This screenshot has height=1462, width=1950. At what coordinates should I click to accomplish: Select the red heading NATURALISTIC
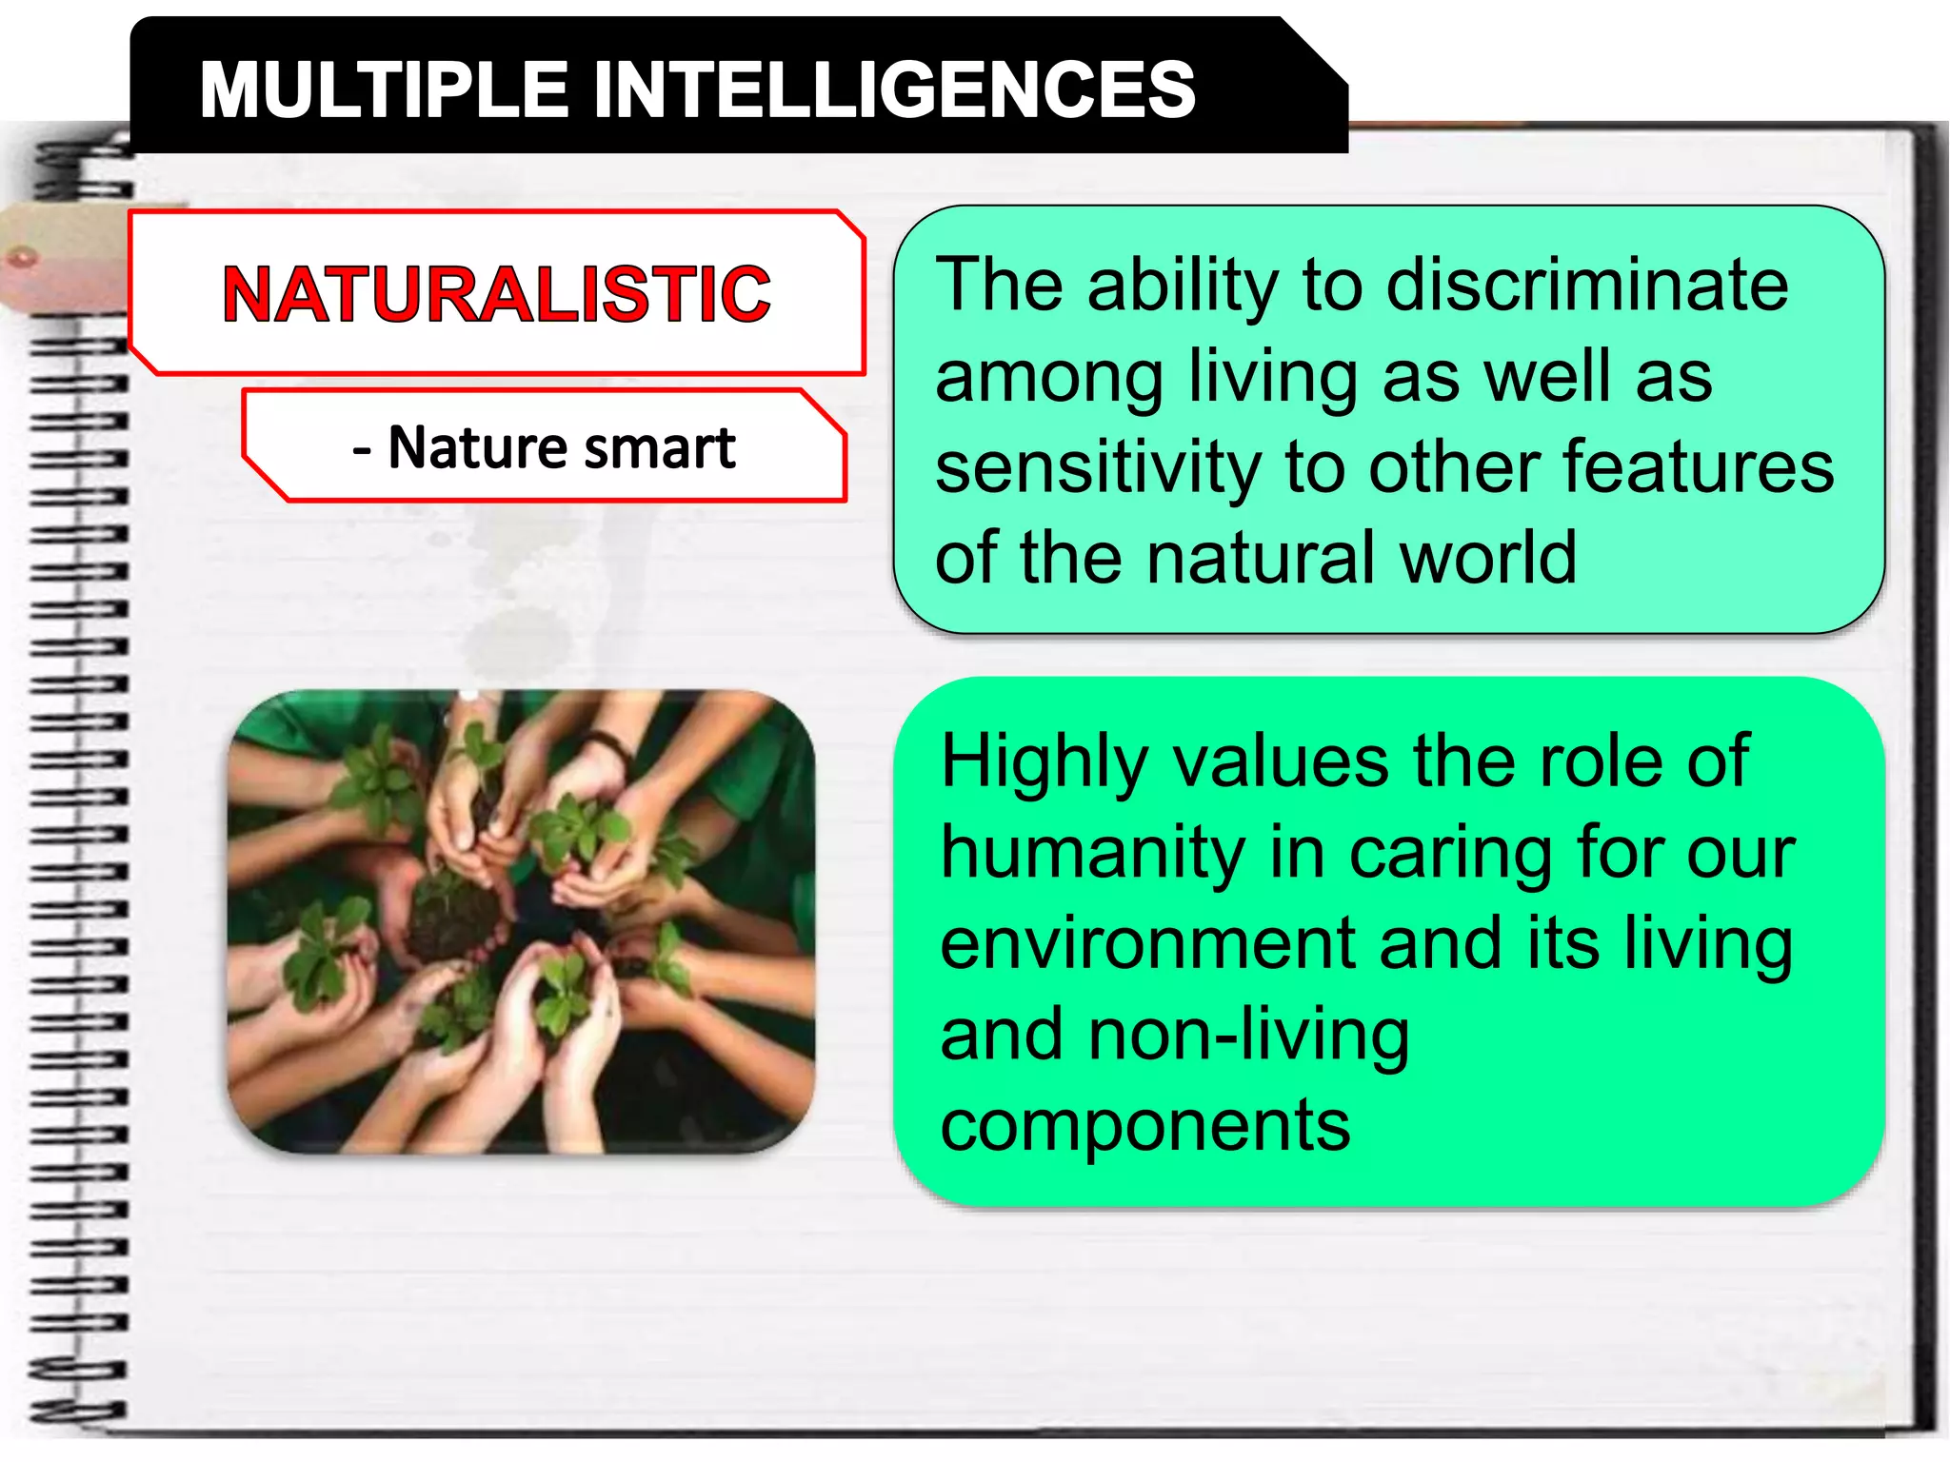pyautogui.click(x=496, y=294)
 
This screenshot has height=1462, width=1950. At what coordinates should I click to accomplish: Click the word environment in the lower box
pyautogui.click(x=1147, y=943)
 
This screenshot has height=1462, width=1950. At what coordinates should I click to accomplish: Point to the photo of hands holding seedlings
pyautogui.click(x=521, y=921)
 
